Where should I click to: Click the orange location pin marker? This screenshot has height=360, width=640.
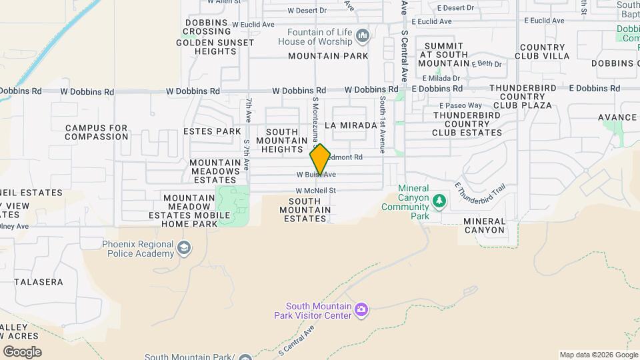[320, 160]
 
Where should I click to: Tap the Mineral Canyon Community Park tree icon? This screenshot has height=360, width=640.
[439, 200]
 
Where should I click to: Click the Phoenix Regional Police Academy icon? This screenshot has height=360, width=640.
[184, 249]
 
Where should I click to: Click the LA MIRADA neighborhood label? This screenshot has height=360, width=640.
[346, 125]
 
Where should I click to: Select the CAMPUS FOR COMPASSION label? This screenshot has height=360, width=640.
[97, 132]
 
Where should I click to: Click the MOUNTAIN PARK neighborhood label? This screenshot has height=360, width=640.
[328, 56]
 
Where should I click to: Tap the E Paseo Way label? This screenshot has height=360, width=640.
[460, 105]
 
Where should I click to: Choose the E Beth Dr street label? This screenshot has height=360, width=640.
[486, 64]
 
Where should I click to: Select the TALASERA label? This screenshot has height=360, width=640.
[32, 282]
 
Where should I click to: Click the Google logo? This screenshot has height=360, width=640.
[22, 352]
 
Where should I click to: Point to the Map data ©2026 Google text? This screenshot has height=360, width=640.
[598, 355]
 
